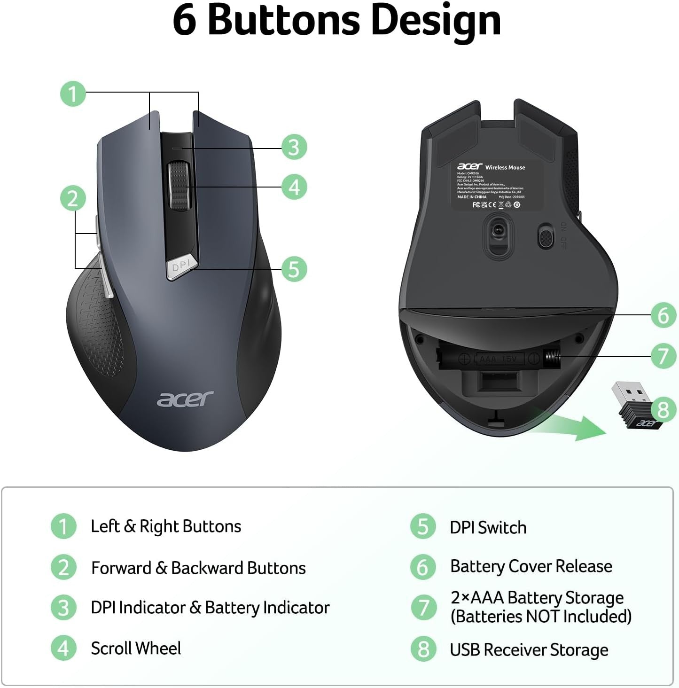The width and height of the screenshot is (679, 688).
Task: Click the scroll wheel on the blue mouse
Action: coord(179,186)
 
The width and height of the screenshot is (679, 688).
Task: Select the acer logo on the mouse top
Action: coord(185,399)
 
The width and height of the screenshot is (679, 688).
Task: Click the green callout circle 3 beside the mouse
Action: coord(294,147)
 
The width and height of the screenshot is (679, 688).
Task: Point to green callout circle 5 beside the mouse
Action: coord(294,269)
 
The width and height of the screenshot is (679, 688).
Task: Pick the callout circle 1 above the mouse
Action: coord(73,94)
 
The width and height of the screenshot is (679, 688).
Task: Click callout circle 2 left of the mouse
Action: coord(73,198)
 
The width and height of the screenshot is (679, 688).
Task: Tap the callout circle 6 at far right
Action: coord(663,315)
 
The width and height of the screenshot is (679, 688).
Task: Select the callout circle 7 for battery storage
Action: coord(663,356)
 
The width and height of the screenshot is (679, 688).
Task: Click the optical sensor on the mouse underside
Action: coord(498,231)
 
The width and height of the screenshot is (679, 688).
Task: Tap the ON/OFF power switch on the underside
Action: coord(545,236)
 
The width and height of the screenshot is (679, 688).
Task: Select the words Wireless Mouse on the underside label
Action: coord(505,167)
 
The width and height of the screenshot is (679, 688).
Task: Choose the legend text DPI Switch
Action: coord(488,528)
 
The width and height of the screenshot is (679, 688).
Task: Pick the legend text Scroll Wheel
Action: coord(136,649)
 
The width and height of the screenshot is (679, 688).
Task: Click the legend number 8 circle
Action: coord(423,649)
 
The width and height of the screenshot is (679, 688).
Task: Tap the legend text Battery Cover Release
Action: coord(531,566)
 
